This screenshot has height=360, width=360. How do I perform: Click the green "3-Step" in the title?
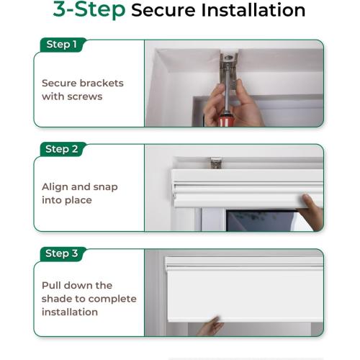click(89, 9)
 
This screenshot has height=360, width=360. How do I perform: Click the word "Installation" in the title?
click(253, 10)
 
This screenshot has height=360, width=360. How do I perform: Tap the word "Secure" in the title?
click(163, 10)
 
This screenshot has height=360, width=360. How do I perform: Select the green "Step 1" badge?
click(63, 45)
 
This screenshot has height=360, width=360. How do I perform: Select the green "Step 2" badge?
click(63, 149)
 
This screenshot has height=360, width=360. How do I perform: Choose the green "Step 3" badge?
click(63, 253)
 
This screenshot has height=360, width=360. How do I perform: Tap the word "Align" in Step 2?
click(55, 187)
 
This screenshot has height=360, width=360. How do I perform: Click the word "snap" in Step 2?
click(105, 187)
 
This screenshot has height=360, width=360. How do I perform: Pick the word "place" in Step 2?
click(78, 200)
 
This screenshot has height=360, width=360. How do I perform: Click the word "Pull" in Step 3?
click(51, 286)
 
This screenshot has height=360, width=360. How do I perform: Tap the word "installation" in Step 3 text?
click(70, 312)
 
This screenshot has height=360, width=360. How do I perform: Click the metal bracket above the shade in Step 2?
click(216, 163)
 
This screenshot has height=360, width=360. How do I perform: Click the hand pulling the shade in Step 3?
click(211, 326)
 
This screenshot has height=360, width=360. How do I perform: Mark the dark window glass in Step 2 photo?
click(261, 221)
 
